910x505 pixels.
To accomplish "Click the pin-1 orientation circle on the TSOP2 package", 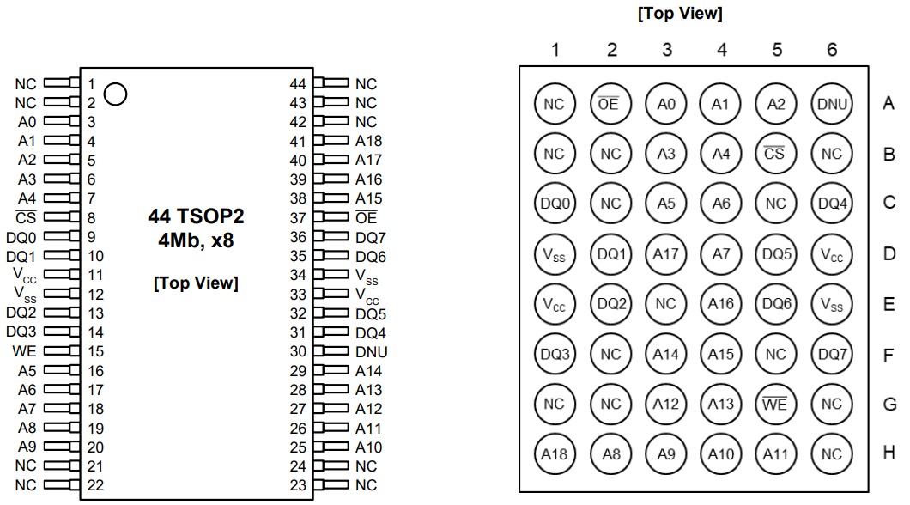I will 116,94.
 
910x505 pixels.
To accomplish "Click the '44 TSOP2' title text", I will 196,217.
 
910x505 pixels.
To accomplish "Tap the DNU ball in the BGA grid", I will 831,105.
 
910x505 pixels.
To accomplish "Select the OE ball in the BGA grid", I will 610,105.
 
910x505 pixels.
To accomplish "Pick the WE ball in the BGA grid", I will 776,404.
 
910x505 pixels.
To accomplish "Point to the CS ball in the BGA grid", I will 776,155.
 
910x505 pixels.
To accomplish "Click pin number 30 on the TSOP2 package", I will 298,351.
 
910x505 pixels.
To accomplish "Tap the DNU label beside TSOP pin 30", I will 372,351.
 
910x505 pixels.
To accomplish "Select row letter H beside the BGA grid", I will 889,453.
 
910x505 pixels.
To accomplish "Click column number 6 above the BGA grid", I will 831,51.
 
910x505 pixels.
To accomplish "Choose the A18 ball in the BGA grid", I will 555,453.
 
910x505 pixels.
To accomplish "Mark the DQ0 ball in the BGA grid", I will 555,204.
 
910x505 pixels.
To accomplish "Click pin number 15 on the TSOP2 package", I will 95,351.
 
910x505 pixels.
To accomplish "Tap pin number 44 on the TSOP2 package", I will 298,84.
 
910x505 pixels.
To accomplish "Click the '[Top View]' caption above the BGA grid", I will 679,15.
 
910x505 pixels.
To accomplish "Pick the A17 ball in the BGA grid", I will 666,254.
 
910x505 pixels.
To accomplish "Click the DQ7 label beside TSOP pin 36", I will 372,237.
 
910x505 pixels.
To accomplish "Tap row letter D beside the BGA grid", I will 889,254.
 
